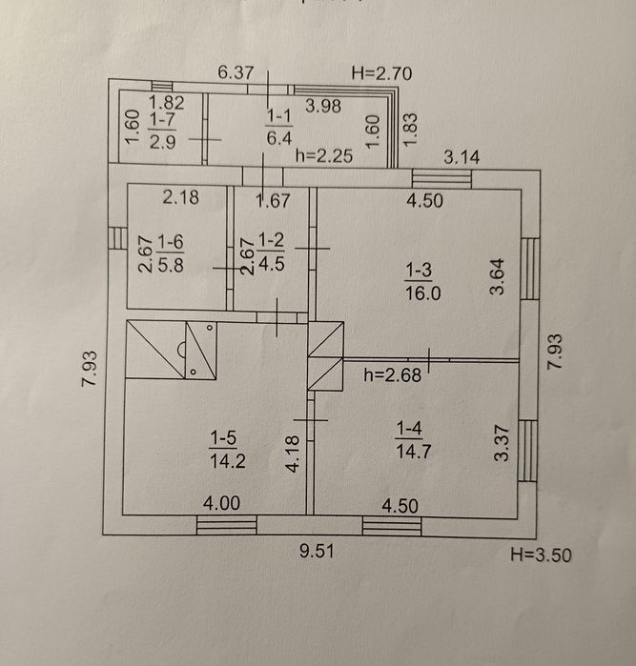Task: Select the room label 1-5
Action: point(224,438)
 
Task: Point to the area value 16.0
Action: point(421,293)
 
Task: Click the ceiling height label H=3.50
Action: point(541,555)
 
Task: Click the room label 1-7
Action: point(162,121)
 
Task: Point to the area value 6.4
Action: point(278,138)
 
